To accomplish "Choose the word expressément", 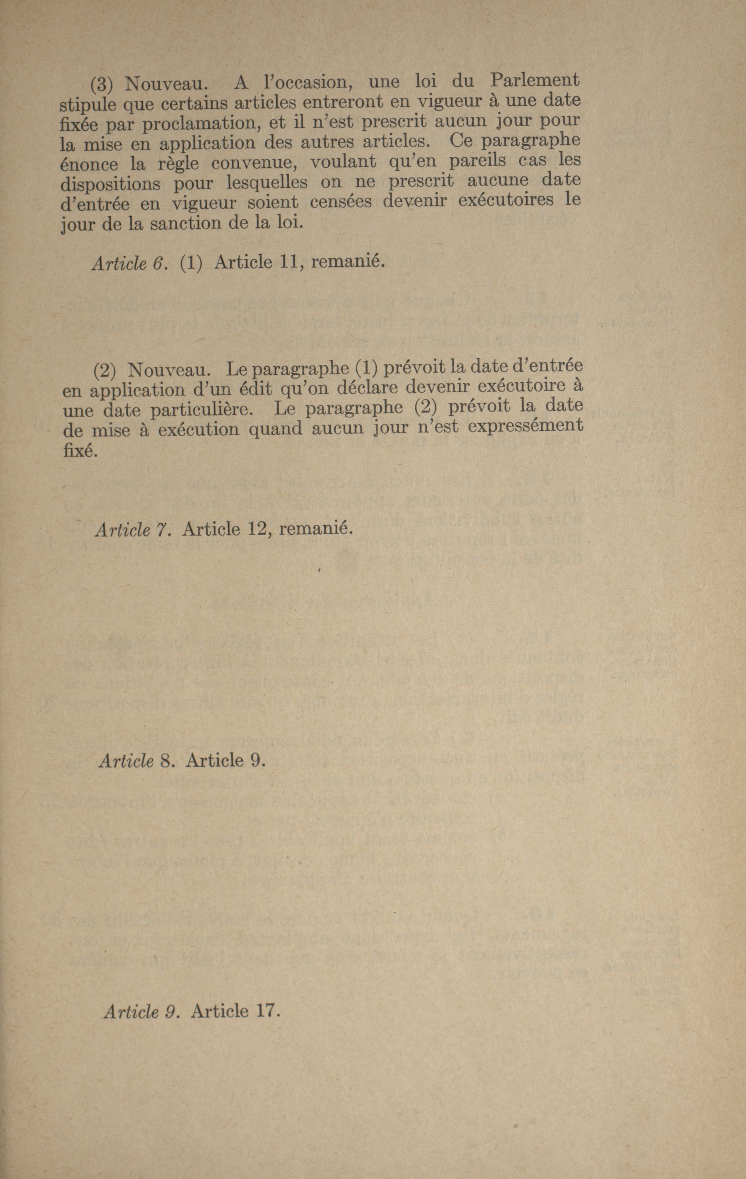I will (x=525, y=426).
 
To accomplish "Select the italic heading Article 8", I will (x=137, y=760).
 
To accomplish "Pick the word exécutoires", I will (x=506, y=201).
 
